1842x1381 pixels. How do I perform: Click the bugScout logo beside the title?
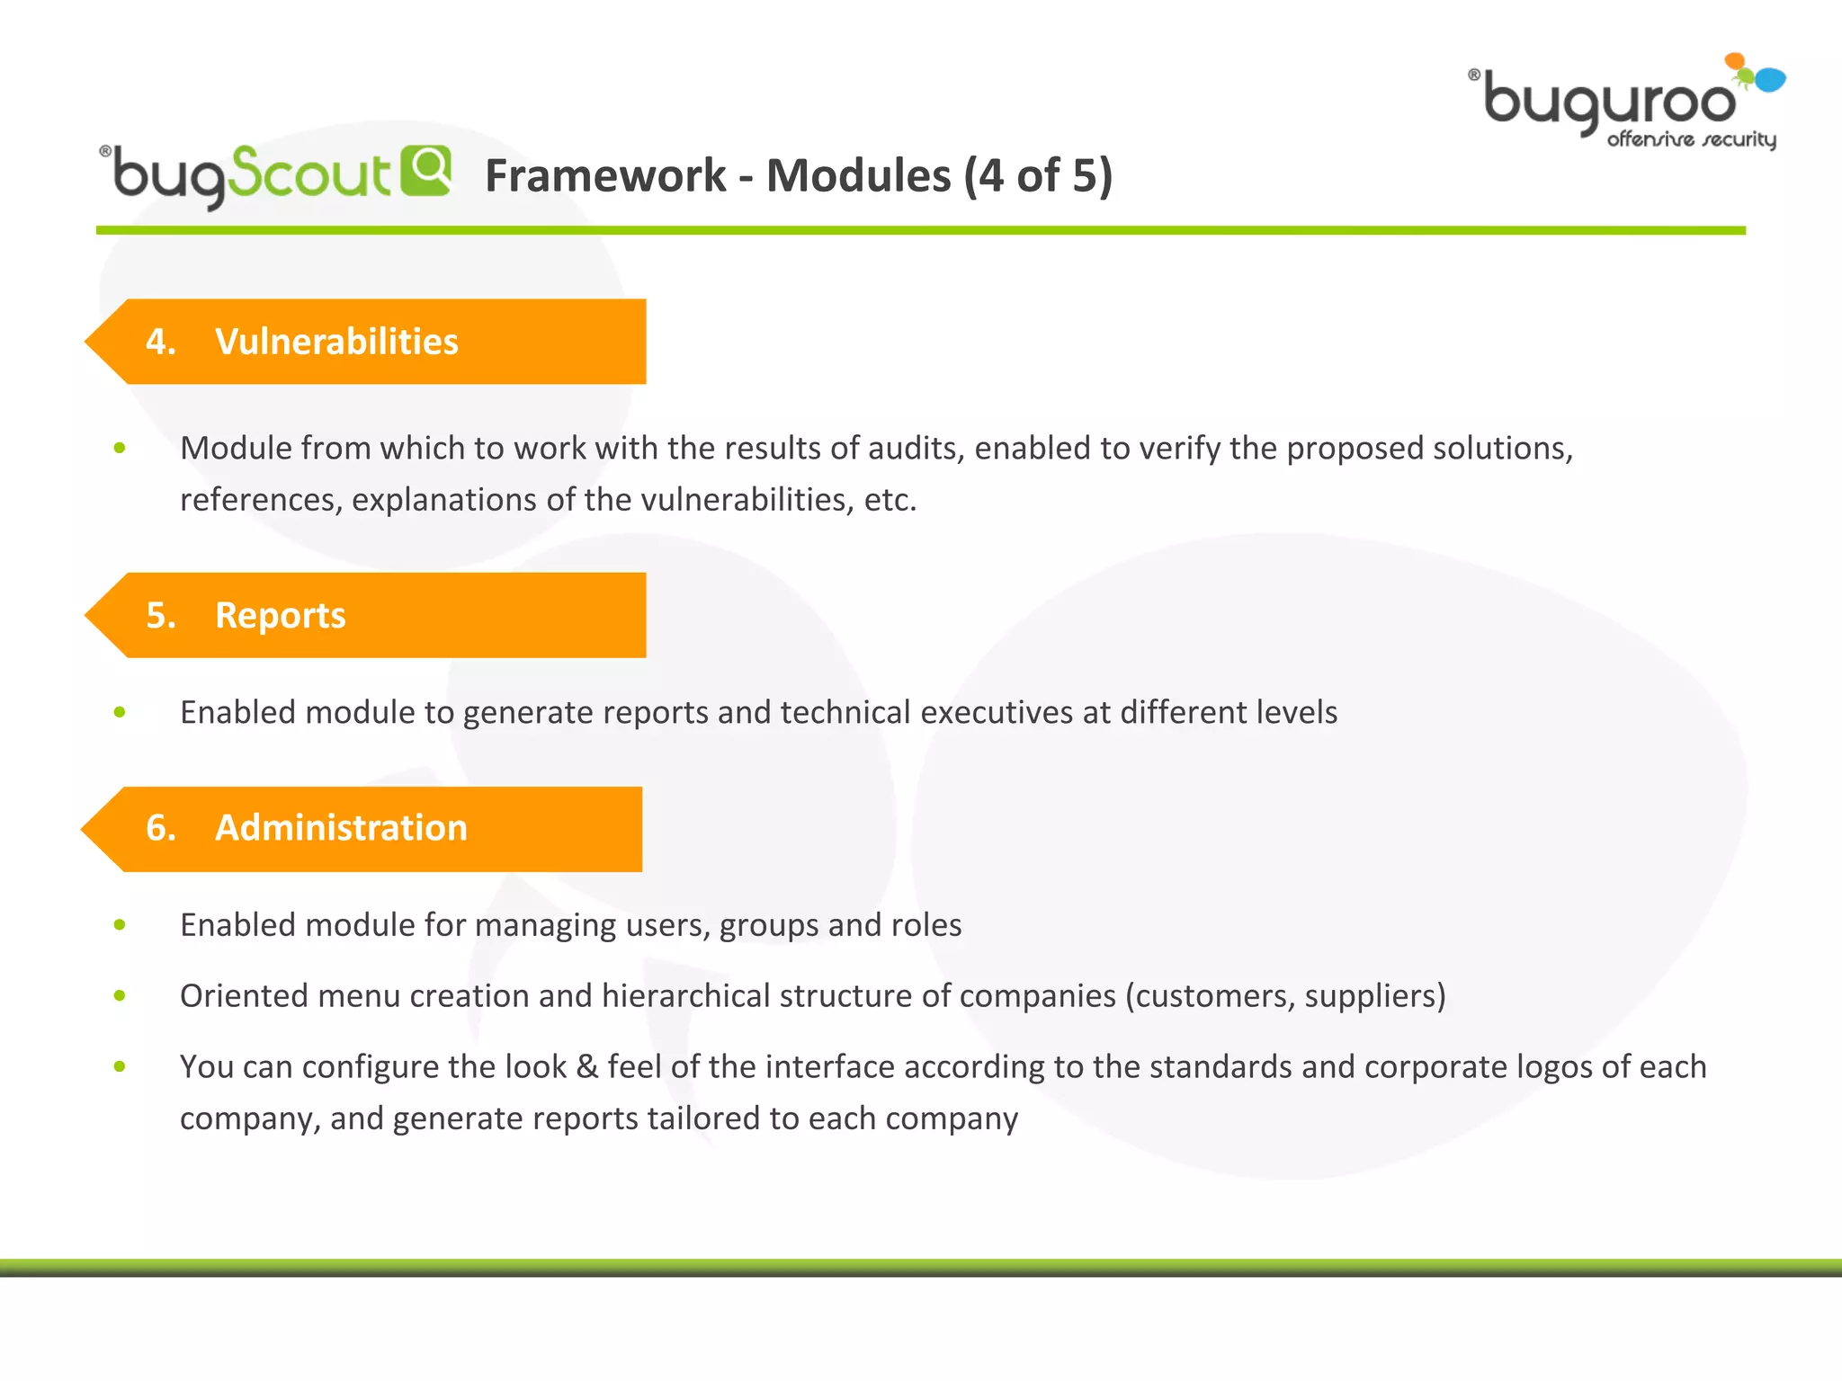270,174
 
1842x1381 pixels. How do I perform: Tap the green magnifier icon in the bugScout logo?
425,169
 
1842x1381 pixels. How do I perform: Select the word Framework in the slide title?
604,175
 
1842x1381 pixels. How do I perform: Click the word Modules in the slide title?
858,175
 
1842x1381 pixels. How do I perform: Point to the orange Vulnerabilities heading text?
336,342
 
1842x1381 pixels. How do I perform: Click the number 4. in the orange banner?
160,342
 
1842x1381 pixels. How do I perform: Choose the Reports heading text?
280,616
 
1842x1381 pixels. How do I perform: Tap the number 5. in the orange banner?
160,616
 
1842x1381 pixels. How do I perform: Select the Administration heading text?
341,828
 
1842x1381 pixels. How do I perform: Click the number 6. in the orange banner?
160,828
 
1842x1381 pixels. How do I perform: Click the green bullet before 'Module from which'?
120,448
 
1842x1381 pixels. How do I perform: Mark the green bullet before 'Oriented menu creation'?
120,995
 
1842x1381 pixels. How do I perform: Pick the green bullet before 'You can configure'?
120,1066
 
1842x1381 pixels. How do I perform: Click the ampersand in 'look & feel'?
586,1067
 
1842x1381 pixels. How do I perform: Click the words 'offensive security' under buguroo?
1691,139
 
